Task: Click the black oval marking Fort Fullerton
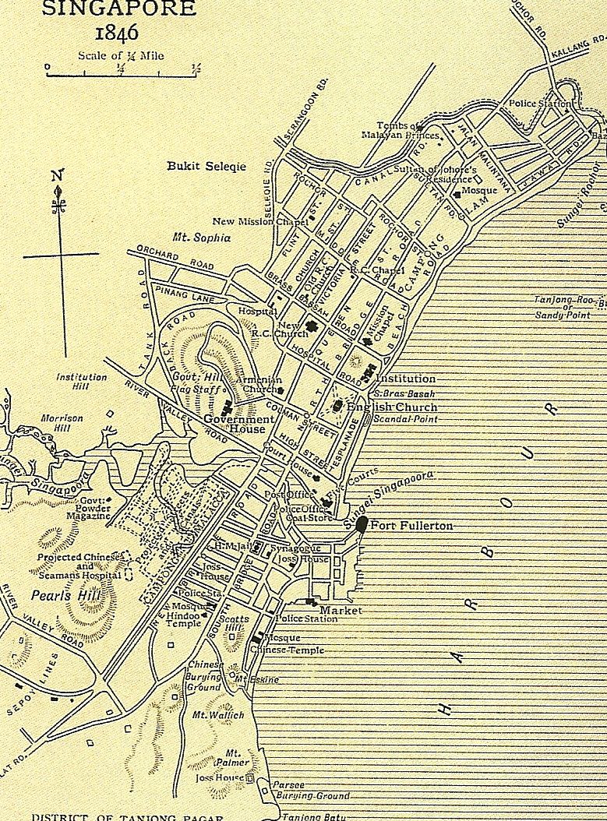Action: point(362,523)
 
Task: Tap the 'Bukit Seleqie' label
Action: point(206,166)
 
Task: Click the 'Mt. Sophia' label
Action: point(202,238)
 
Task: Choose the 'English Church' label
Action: point(392,407)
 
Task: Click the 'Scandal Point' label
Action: point(405,419)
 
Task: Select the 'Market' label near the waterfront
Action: point(341,611)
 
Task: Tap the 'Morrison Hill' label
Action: point(62,424)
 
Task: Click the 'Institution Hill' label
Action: point(82,382)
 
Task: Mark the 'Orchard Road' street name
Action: point(175,259)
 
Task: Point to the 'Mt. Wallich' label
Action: point(218,714)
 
